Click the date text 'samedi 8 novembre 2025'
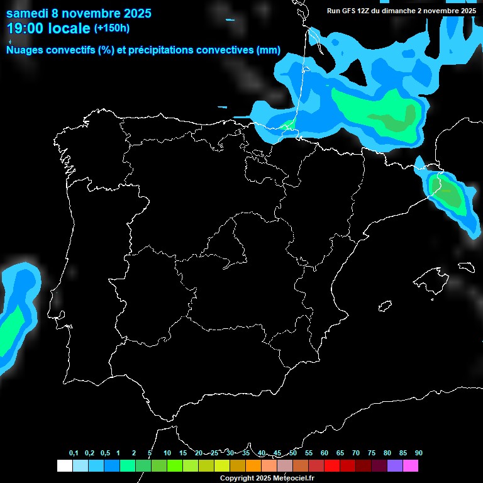[x=79, y=13]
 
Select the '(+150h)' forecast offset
[x=111, y=28]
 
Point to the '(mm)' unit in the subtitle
[x=268, y=50]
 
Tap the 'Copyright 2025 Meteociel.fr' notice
[x=267, y=478]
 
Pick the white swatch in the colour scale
[x=64, y=466]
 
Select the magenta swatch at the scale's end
[x=411, y=466]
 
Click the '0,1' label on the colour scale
[x=74, y=453]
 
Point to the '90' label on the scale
[x=419, y=453]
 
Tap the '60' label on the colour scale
[x=325, y=453]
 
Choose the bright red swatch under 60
[x=332, y=466]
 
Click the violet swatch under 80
[x=395, y=466]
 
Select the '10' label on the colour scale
[x=167, y=453]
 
